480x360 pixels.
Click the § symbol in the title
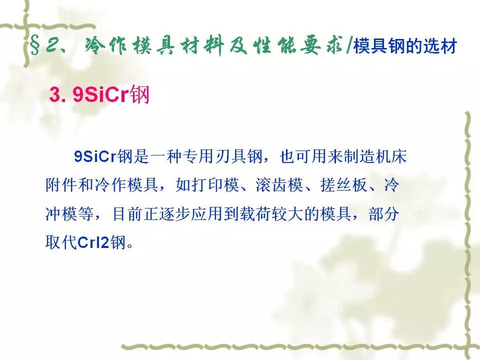[x=34, y=46]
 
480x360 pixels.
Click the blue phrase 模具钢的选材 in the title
[x=405, y=46]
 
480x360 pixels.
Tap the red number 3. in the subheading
[x=57, y=94]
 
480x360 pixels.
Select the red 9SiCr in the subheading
[x=100, y=94]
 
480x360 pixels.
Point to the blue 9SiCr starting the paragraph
[x=95, y=156]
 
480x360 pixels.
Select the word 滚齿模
[x=279, y=185]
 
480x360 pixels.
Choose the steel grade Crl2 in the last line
[x=93, y=242]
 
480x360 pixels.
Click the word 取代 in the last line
[x=61, y=242]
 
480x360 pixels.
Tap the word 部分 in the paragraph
[x=384, y=213]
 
